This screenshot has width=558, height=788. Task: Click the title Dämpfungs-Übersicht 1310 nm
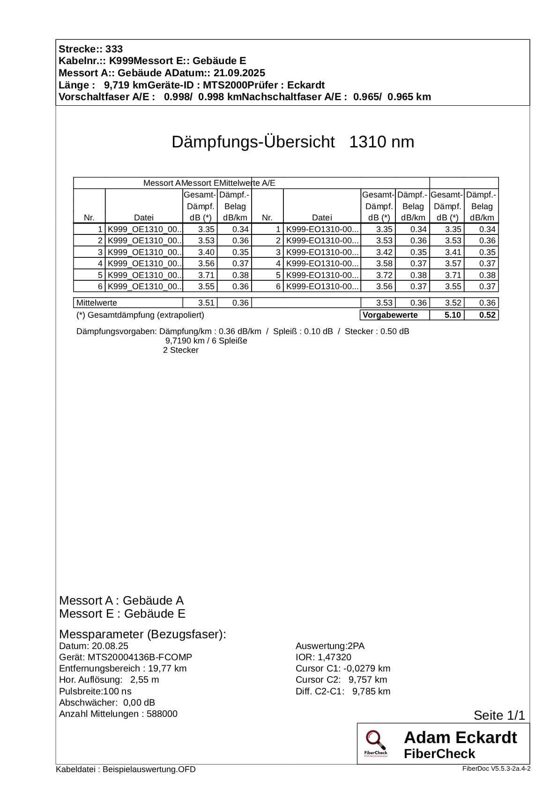click(x=292, y=142)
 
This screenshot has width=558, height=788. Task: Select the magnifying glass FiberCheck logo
click(x=375, y=743)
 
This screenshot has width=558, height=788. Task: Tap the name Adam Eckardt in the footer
click(x=460, y=737)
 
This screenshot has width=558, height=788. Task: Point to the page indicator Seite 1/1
click(x=499, y=715)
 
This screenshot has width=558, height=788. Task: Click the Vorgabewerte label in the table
click(x=390, y=315)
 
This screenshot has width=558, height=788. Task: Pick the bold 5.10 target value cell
click(x=453, y=315)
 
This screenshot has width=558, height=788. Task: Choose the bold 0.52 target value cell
click(x=487, y=315)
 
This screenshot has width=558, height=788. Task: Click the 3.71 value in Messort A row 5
click(x=206, y=275)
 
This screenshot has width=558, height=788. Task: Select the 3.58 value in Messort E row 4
click(x=384, y=263)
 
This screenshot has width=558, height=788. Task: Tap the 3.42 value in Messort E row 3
click(x=384, y=252)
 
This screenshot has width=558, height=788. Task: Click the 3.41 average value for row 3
click(x=453, y=252)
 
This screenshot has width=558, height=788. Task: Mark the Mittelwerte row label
click(x=97, y=303)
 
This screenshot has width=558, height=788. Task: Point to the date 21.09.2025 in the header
click(x=239, y=73)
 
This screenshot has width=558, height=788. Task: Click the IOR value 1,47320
click(x=334, y=657)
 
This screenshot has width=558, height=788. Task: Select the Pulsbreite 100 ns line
click(x=95, y=691)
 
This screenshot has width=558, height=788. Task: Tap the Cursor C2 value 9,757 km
click(x=367, y=679)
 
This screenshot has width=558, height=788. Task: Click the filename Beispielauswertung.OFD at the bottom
click(x=149, y=769)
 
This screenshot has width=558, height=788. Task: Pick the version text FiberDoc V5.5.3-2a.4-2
click(x=496, y=768)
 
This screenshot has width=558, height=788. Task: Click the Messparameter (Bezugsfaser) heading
click(x=142, y=635)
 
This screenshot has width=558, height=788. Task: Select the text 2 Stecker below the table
click(x=180, y=350)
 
